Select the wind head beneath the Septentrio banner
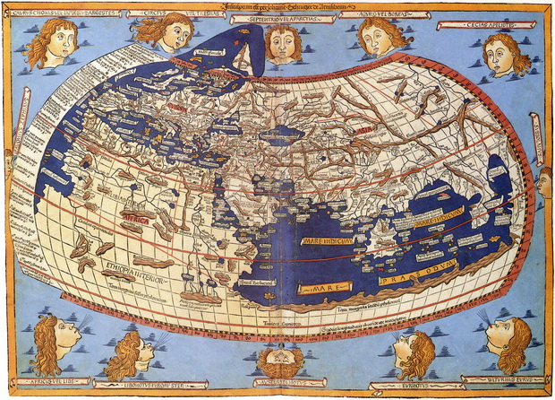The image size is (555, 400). (x=283, y=43)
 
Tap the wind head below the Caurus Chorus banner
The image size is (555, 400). (x=50, y=42)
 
